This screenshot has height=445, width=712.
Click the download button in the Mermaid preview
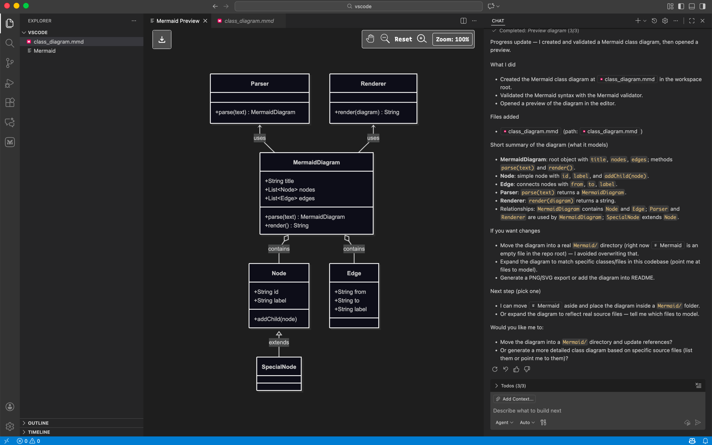pyautogui.click(x=162, y=40)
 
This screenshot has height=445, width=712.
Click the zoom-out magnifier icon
pyautogui.click(x=385, y=39)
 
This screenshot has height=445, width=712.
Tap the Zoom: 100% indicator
pyautogui.click(x=452, y=39)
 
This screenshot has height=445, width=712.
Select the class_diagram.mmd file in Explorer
pyautogui.click(x=59, y=42)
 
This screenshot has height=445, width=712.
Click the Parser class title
pyautogui.click(x=260, y=84)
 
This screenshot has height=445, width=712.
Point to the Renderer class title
pyautogui.click(x=373, y=84)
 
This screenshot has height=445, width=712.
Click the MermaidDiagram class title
pyautogui.click(x=316, y=162)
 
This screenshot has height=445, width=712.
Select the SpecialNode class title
pyautogui.click(x=279, y=367)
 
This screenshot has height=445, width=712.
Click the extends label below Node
pyautogui.click(x=279, y=342)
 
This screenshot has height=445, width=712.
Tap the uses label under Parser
pyautogui.click(x=260, y=138)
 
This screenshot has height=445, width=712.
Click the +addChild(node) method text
pyautogui.click(x=275, y=319)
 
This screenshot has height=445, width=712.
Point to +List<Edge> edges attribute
pyautogui.click(x=289, y=198)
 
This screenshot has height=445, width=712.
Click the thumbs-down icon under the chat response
pyautogui.click(x=527, y=369)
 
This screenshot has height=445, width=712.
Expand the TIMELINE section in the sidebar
pyautogui.click(x=39, y=432)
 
